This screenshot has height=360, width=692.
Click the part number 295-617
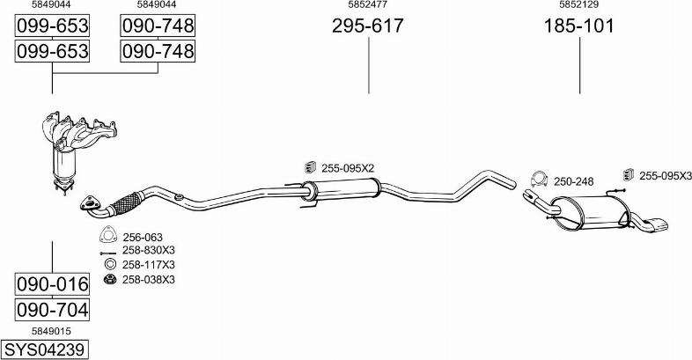tap(367, 26)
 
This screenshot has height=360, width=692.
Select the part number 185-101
tap(578, 26)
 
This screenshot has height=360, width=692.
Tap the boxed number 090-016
tap(53, 284)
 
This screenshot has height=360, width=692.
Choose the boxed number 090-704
tap(53, 310)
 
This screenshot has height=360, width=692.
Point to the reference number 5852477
tap(367, 5)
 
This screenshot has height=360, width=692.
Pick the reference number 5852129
tap(578, 5)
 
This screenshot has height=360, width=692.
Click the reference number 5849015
tap(52, 331)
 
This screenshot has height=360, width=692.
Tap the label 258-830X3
tap(149, 250)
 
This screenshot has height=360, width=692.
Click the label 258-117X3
tap(149, 264)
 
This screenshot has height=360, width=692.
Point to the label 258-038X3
tap(149, 279)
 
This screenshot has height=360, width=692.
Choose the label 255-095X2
tap(347, 167)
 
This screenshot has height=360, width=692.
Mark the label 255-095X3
tap(665, 175)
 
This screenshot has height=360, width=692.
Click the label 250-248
tap(574, 181)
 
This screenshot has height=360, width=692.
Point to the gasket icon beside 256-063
tap(109, 235)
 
